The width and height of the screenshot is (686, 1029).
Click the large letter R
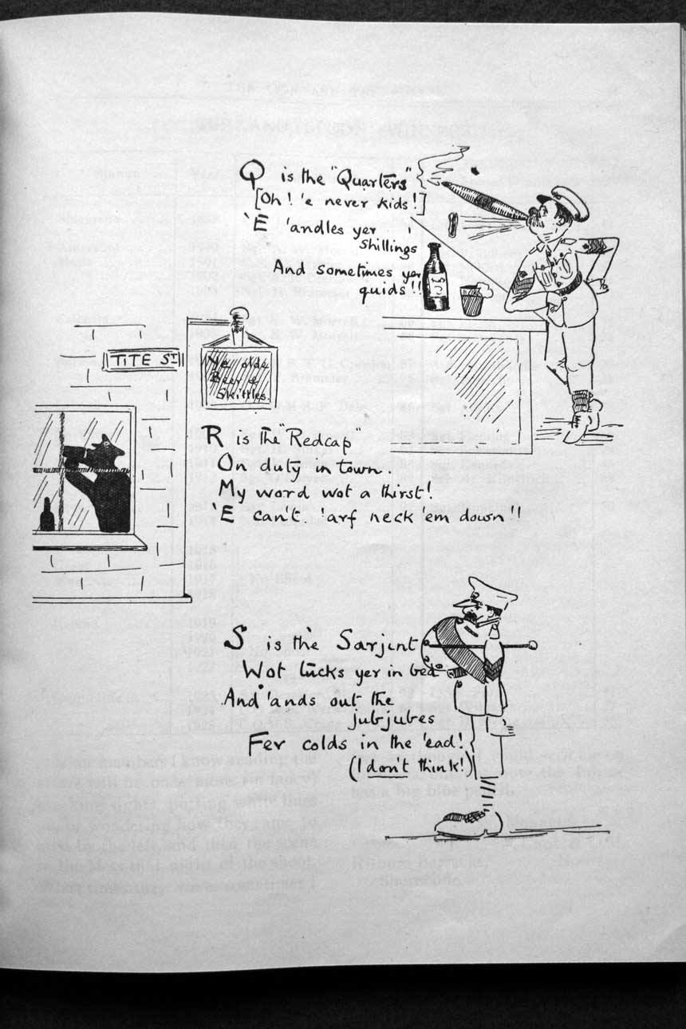click(211, 436)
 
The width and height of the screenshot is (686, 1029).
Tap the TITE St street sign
click(142, 361)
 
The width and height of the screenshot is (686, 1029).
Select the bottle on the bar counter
click(436, 280)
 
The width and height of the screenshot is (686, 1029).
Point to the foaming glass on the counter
click(474, 299)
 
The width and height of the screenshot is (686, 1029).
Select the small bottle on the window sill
click(47, 518)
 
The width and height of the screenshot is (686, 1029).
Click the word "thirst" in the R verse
click(394, 488)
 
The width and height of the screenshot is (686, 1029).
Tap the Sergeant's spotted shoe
click(470, 822)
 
